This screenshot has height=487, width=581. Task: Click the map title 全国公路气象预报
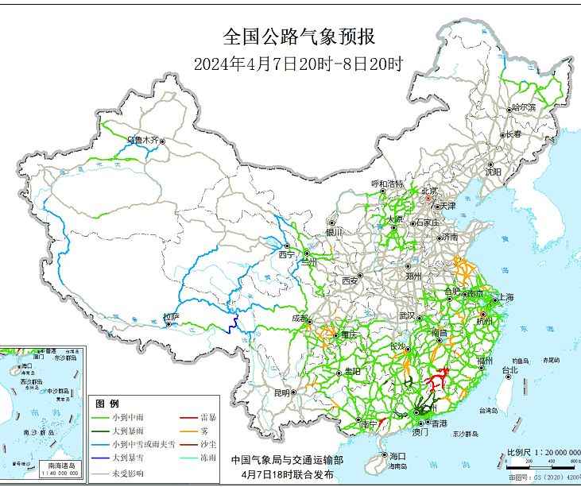(x=299, y=37)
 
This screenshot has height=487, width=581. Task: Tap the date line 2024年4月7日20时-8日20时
(x=299, y=64)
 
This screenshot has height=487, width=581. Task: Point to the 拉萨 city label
(x=171, y=317)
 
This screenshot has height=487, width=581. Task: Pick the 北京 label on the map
(x=429, y=191)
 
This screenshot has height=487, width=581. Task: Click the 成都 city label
(x=300, y=319)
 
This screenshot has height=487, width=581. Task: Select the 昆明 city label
(x=283, y=392)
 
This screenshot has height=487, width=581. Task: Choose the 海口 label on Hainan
(x=397, y=455)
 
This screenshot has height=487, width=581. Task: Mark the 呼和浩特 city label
(x=388, y=184)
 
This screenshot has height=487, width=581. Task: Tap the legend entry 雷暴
(x=210, y=417)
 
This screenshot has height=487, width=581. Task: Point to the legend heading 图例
(x=107, y=404)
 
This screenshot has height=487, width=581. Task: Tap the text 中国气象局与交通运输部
(x=287, y=459)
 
